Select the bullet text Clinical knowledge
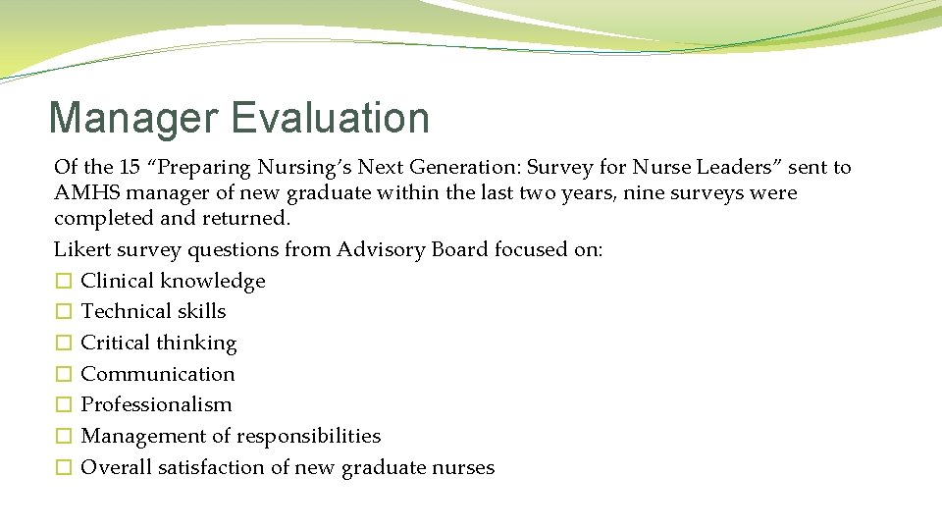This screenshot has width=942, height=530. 173,282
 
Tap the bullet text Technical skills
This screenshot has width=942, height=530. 153,312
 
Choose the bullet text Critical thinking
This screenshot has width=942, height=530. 159,344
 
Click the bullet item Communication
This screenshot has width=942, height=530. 158,374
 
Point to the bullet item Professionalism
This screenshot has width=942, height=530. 156,405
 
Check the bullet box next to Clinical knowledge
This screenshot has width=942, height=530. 63,282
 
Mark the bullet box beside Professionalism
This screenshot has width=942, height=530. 63,405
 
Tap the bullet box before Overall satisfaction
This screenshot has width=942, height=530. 63,468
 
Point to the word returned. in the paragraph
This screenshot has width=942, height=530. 246,219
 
